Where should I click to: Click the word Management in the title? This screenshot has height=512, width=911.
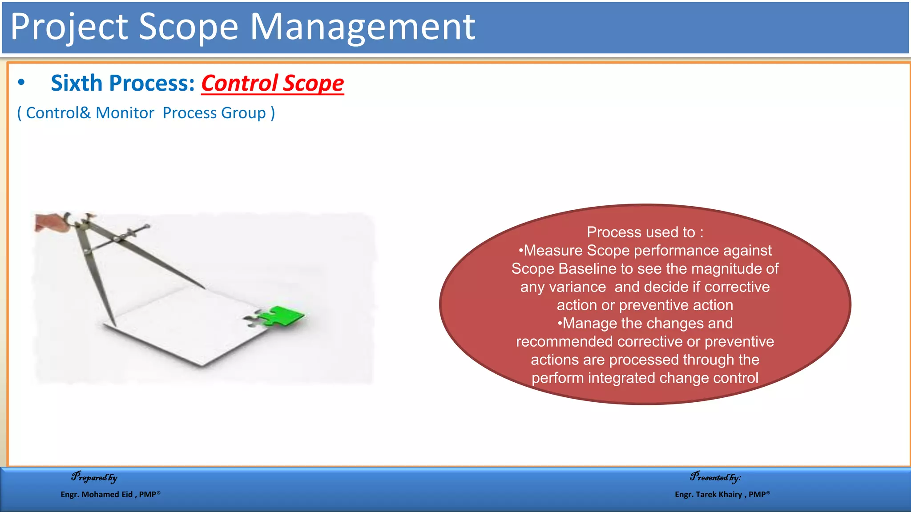(x=363, y=28)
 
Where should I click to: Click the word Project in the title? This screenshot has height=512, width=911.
(x=69, y=28)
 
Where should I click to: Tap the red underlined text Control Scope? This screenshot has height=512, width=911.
(x=272, y=84)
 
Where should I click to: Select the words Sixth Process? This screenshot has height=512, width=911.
(x=123, y=84)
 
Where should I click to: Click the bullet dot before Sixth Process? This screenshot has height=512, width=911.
(x=21, y=83)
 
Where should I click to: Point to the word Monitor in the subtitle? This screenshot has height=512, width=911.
(x=125, y=113)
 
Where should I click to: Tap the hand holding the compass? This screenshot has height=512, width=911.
(x=51, y=222)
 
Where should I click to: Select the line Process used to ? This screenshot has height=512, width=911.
(x=645, y=232)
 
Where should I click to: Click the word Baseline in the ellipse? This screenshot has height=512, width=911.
(x=587, y=269)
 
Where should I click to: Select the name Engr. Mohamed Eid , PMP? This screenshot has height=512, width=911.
(x=110, y=494)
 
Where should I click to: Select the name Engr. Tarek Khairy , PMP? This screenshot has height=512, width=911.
(x=722, y=494)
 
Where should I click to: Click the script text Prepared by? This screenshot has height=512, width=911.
(x=94, y=477)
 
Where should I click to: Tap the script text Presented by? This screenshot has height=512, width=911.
(x=715, y=477)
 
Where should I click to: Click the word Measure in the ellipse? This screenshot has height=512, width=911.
(x=553, y=251)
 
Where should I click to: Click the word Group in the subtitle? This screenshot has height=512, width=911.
(x=243, y=113)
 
